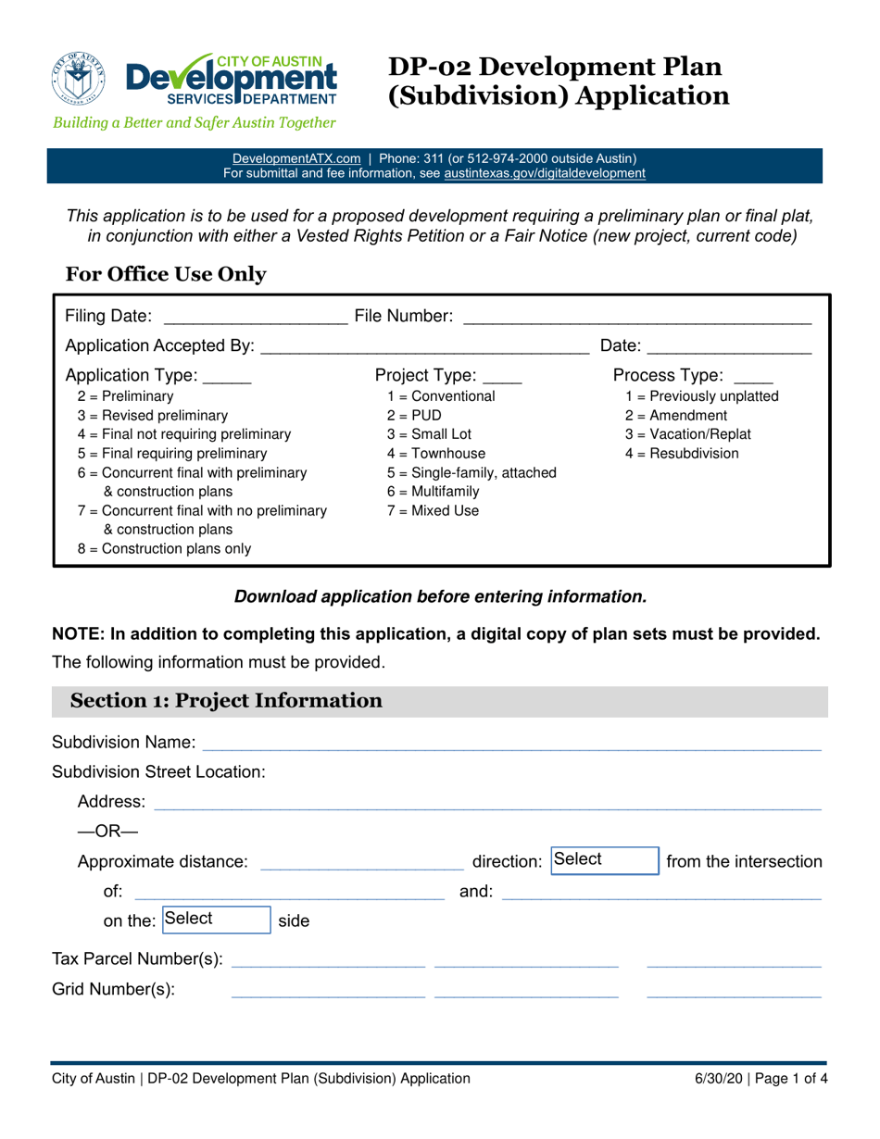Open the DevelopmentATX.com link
[295, 158]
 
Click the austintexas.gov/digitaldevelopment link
[545, 173]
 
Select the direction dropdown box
[604, 860]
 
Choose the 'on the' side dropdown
[216, 920]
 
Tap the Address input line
[487, 801]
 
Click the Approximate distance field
[362, 862]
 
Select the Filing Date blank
[253, 318]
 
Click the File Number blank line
[636, 318]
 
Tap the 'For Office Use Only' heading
[166, 274]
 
